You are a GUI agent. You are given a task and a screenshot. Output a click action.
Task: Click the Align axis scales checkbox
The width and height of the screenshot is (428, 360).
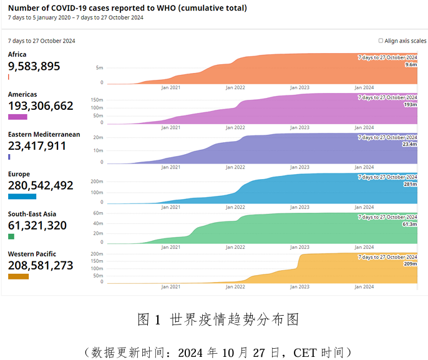click(381, 41)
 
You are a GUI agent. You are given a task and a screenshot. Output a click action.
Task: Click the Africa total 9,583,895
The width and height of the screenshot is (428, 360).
click(34, 66)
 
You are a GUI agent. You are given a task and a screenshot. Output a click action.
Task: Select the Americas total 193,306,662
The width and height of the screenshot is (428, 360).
click(41, 105)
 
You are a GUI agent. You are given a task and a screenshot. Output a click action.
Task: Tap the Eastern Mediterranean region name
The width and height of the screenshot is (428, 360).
click(44, 134)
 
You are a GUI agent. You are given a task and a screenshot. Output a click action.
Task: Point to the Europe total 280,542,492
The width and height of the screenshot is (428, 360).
click(41, 185)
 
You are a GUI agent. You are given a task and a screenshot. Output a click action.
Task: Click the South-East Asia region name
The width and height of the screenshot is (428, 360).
click(32, 214)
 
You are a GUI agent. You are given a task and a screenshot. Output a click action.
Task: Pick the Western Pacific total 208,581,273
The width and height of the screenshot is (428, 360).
click(41, 265)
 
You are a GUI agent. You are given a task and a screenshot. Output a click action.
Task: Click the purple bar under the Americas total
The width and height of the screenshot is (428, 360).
click(17, 117)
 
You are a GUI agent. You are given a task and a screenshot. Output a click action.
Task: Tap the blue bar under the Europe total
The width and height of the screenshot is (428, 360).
click(22, 197)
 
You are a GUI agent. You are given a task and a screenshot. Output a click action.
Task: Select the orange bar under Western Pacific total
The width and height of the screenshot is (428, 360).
click(18, 276)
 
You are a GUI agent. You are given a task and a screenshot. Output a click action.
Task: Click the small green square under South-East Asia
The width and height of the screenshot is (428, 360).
click(11, 236)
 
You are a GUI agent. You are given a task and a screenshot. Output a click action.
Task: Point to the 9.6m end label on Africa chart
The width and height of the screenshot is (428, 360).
click(411, 64)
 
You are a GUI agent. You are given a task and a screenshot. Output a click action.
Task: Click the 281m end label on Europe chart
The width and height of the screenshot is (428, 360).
click(411, 184)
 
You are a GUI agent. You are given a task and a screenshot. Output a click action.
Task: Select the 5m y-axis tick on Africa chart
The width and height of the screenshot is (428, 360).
click(99, 67)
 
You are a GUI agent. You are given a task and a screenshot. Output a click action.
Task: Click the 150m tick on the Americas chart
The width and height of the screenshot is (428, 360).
click(97, 99)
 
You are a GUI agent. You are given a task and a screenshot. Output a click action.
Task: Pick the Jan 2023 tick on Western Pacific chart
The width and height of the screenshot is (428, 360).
click(299, 287)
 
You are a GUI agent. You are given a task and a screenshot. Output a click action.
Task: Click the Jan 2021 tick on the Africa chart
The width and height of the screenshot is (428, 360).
click(170, 87)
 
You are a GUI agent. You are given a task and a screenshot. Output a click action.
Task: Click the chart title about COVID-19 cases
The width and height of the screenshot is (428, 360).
click(127, 8)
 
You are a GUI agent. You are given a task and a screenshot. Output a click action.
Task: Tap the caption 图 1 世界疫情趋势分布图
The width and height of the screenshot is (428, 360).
click(218, 319)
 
